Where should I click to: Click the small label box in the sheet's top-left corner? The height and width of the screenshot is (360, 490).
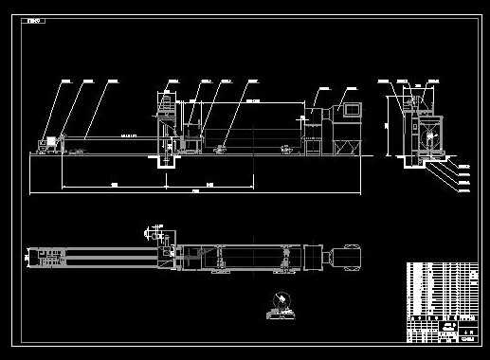click(35, 20)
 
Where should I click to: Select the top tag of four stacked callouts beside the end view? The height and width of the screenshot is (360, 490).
click(463, 166)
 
